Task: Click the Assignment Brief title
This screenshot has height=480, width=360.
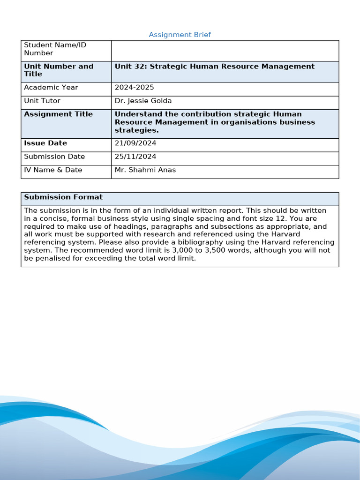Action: [180, 35]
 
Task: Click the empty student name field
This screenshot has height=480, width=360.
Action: [225, 50]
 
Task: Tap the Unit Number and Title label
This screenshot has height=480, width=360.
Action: [59, 70]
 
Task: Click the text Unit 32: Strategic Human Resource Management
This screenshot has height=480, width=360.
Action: [214, 67]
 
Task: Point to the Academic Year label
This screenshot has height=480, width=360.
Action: [51, 88]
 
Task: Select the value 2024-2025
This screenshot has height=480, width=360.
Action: [134, 88]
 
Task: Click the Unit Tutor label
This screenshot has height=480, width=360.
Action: [42, 101]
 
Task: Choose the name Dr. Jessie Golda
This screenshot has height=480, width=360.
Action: [143, 101]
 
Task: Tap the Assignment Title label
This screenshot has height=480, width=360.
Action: [58, 114]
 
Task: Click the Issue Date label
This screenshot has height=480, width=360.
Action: [45, 143]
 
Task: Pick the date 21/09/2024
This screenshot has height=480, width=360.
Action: [135, 143]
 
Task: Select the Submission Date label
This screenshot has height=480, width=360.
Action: [54, 157]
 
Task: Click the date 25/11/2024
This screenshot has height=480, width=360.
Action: [135, 157]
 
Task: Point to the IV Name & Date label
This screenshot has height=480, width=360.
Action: [53, 170]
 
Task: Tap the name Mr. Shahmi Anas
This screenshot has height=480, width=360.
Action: [145, 170]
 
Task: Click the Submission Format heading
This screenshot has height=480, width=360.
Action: [63, 197]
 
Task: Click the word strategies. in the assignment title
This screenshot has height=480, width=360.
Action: [136, 130]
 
